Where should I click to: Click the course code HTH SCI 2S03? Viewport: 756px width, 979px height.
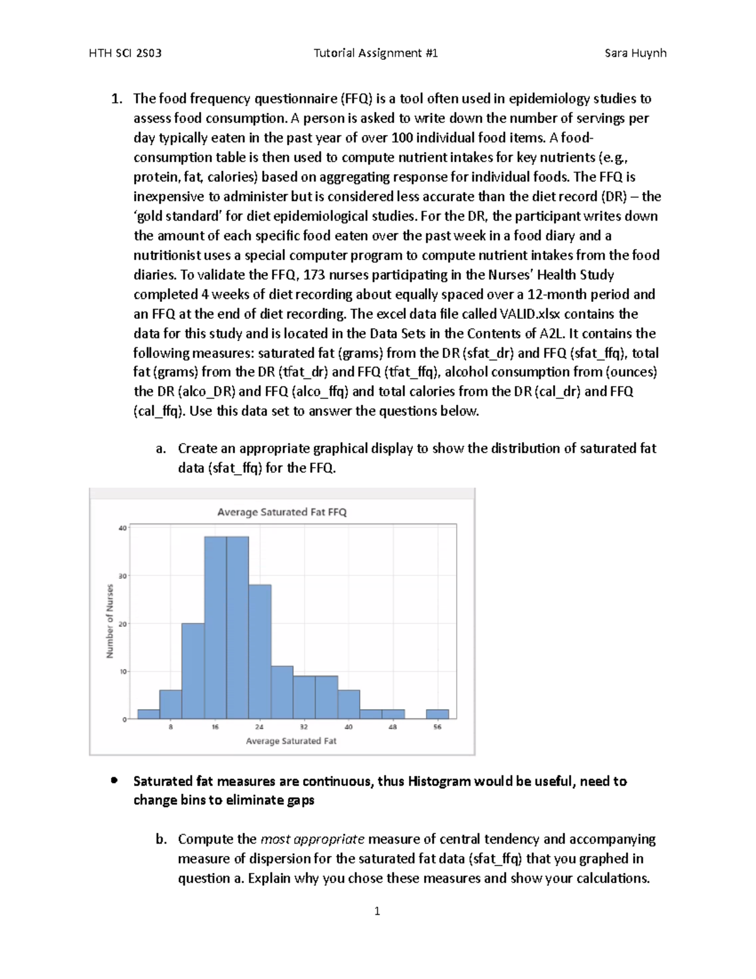[125, 53]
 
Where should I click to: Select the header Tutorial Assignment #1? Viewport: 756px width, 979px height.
[376, 53]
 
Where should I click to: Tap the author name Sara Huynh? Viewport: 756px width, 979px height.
[635, 53]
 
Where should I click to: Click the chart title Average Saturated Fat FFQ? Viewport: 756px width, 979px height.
[282, 512]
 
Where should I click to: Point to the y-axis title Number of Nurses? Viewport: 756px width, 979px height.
[110, 621]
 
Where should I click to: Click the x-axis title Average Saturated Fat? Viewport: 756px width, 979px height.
[291, 741]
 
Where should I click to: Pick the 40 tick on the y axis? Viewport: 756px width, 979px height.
[122, 528]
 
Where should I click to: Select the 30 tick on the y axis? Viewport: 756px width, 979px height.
[122, 576]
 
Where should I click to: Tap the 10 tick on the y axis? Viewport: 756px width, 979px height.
[122, 671]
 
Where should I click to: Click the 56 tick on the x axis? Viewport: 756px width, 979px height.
[437, 727]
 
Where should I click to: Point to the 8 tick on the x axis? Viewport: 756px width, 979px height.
[171, 727]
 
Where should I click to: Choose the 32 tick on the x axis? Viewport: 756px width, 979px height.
[304, 727]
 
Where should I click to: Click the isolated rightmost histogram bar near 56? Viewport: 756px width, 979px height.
[437, 714]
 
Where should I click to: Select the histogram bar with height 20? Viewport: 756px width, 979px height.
[193, 671]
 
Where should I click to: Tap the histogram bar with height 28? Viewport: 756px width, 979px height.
[260, 652]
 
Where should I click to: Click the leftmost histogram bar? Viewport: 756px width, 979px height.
[149, 714]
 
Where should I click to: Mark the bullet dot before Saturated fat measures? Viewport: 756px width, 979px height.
[114, 780]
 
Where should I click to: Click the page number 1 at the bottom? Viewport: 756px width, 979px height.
[377, 911]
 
